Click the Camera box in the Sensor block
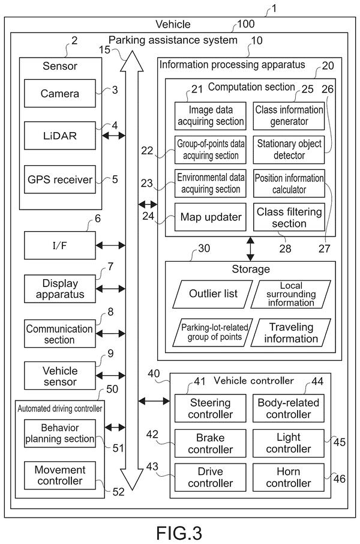click(x=59, y=93)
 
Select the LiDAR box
click(x=59, y=136)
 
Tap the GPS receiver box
click(x=59, y=180)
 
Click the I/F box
click(x=59, y=246)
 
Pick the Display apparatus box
click(x=59, y=289)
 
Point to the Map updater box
click(x=210, y=217)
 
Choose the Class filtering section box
click(x=289, y=217)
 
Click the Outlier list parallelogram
click(x=213, y=294)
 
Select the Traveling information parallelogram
click(x=290, y=333)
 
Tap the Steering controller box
click(x=210, y=408)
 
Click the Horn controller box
click(x=289, y=477)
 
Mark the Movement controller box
click(x=59, y=476)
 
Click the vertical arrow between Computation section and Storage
click(x=250, y=249)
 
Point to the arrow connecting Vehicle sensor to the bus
click(x=110, y=375)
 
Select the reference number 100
click(x=246, y=24)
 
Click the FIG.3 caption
click(x=179, y=533)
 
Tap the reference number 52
click(x=118, y=492)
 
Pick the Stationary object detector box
click(x=289, y=150)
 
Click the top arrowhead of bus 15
click(x=132, y=61)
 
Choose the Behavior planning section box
click(x=59, y=434)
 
